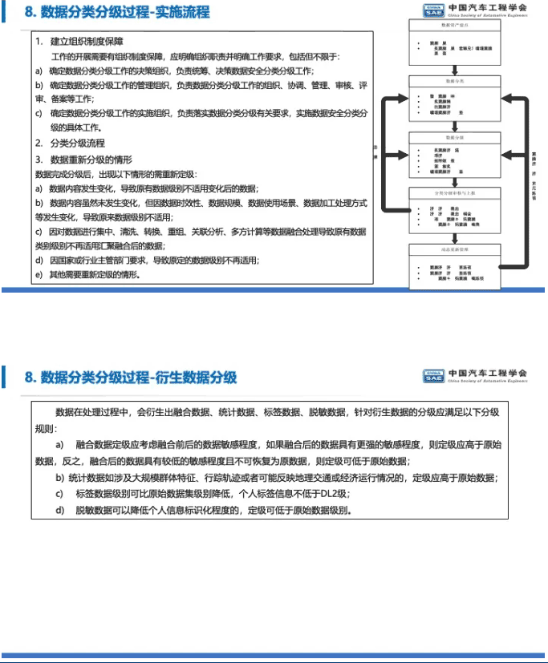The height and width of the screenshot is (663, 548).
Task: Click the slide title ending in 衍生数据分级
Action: point(131,377)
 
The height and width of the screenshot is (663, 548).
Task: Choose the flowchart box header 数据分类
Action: point(454,82)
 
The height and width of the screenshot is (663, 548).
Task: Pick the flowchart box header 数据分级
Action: point(454,136)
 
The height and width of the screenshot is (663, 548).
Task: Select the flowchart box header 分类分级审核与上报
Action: point(454,192)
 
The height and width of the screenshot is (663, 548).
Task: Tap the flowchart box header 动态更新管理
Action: point(454,249)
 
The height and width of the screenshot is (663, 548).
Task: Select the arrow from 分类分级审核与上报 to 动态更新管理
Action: point(454,235)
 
